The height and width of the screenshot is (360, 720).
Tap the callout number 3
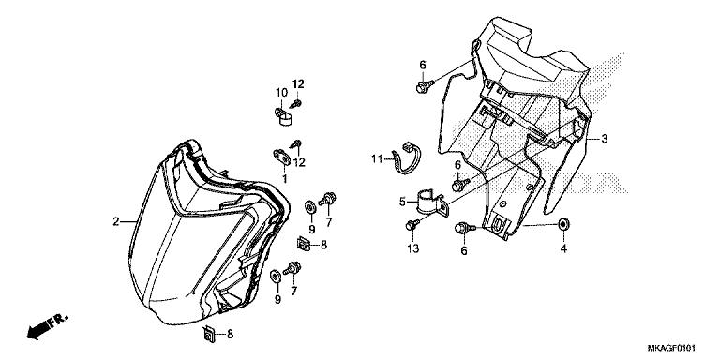pos(605,139)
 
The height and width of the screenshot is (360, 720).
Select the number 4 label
pos(563,248)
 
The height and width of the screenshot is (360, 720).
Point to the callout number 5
pos(402,201)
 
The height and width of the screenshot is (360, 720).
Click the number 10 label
pos(280,92)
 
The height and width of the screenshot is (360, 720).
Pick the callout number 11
pos(376,158)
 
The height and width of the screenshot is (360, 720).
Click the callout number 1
pos(284,178)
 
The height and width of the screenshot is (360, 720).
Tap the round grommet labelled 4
pos(563,225)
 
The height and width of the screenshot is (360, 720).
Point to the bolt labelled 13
pos(412,225)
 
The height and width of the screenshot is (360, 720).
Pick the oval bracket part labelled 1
pos(282,155)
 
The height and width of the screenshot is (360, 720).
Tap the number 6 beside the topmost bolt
pos(422,64)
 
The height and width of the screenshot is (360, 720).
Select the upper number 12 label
pos(300,86)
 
